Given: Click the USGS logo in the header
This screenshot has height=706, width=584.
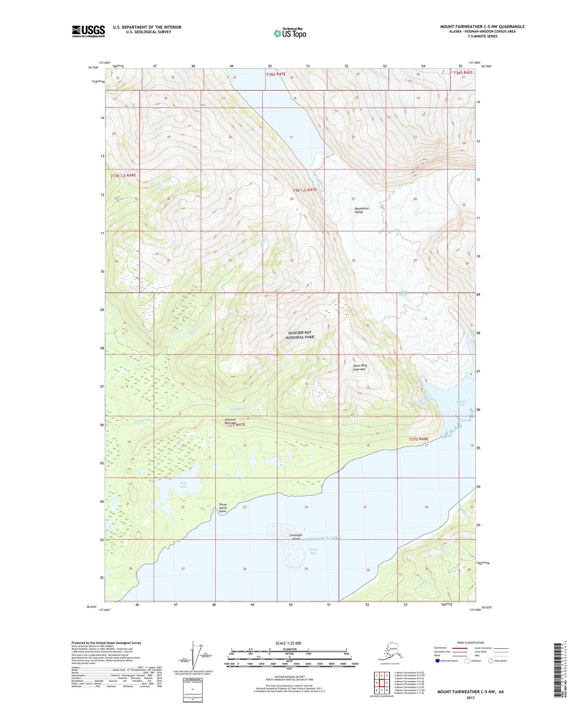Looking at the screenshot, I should [x=88, y=31].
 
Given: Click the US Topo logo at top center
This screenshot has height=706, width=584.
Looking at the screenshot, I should [x=289, y=33].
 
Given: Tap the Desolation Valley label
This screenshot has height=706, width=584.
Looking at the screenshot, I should [x=362, y=210].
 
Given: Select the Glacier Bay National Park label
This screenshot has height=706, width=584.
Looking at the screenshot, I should [x=300, y=335].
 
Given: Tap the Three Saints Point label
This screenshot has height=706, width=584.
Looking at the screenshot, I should [x=223, y=508].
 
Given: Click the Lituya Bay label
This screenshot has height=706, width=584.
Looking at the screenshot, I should [x=310, y=551].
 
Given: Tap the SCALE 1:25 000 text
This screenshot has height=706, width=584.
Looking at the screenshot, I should [x=288, y=643].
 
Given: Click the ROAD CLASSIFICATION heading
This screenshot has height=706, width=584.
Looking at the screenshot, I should [x=470, y=643].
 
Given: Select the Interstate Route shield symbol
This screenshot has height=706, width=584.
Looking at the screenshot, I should [x=438, y=661].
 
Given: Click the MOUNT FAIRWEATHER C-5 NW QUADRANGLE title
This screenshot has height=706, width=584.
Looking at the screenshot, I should [x=482, y=27].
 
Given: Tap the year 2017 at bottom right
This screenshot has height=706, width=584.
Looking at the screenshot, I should [x=470, y=698].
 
